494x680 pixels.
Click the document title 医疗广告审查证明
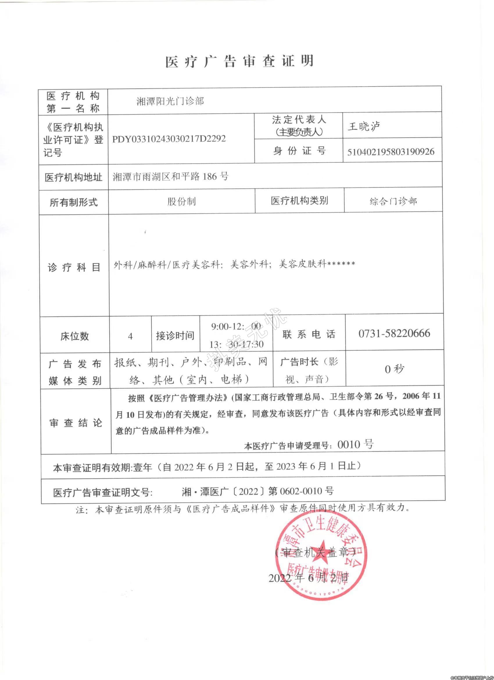pos(239,61)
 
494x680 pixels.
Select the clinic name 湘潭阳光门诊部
pos(170,101)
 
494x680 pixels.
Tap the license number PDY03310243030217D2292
pos(169,139)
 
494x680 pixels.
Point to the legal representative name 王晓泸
pos(364,127)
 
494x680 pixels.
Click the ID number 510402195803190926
pos(391,152)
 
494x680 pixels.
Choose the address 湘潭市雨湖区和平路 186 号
pos(171,176)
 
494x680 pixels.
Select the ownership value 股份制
pos(182,202)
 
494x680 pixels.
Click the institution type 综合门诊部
pos(393,201)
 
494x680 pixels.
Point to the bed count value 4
pos(130,336)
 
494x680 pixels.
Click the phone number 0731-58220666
pos(394,333)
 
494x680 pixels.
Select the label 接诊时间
pos(175,336)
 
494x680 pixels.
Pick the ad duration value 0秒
pos(395,369)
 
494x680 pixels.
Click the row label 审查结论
pos(76,423)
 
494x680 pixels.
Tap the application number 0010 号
pos(355,444)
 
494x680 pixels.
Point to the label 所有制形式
pos(74,202)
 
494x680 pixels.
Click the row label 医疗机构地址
pos(74,177)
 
